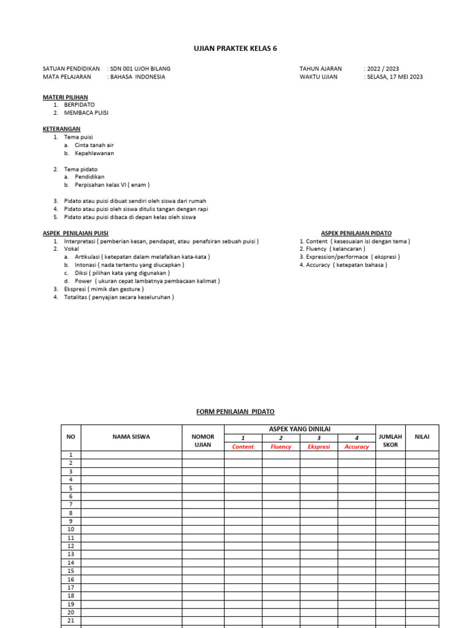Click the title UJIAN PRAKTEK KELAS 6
(235, 48)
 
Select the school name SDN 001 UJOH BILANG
(140, 69)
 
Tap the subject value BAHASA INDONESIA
(137, 77)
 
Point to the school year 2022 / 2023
(383, 69)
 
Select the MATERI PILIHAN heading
(65, 97)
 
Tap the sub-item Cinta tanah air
(94, 145)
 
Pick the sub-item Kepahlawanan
(94, 153)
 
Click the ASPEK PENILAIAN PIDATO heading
(356, 233)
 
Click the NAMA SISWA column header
(131, 437)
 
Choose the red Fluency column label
(281, 447)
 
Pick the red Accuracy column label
(356, 447)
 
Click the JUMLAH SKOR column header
(390, 441)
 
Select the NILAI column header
(422, 437)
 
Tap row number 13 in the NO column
(71, 554)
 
